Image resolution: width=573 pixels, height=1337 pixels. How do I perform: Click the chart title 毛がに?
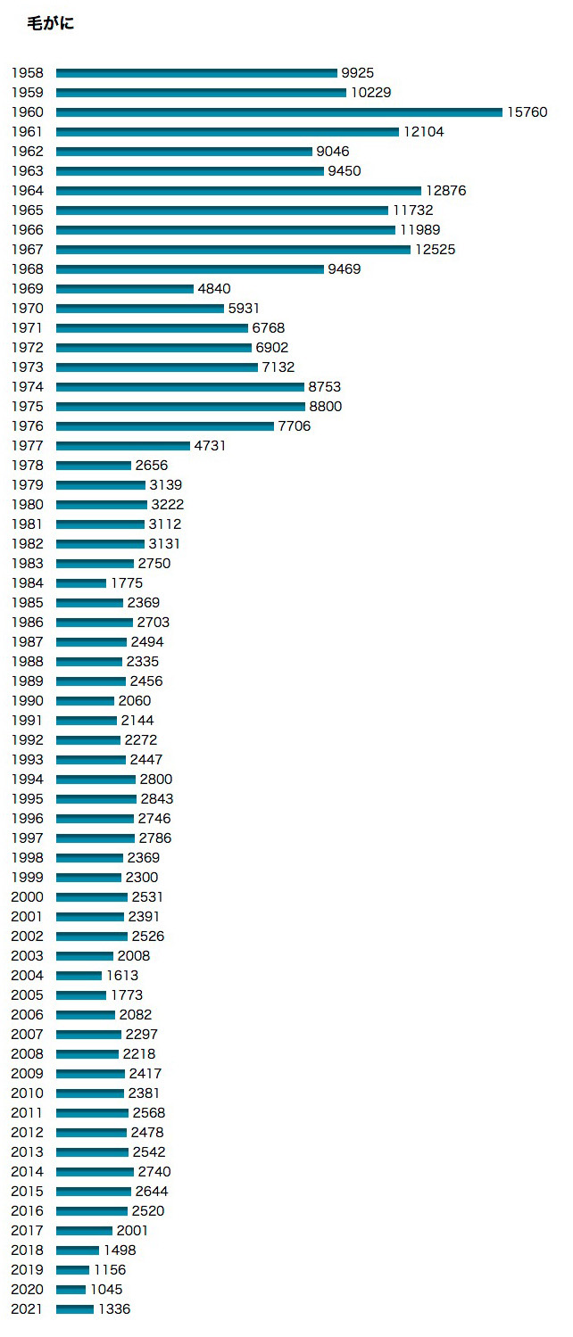click(51, 24)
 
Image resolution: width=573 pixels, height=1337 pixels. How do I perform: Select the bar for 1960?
click(278, 112)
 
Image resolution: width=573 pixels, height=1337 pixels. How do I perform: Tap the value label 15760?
click(527, 112)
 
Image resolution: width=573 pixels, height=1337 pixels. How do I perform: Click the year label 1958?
click(27, 73)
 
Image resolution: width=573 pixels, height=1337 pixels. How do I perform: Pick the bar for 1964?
click(238, 191)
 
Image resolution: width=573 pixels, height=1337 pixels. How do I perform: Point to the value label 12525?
click(435, 250)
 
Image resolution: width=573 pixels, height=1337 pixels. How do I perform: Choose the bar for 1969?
click(125, 289)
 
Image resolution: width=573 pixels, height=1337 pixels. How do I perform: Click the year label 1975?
click(27, 407)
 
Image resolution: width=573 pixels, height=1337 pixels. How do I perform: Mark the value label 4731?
click(210, 446)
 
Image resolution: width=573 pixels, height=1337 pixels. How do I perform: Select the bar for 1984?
click(81, 583)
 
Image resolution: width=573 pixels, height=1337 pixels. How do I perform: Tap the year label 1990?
click(27, 701)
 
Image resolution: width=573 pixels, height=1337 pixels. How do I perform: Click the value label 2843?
click(156, 799)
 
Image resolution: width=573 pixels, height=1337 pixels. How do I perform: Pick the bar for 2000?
click(92, 897)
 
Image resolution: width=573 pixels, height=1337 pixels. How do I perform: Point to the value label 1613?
click(122, 976)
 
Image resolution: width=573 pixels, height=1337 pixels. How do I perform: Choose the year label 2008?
click(27, 1054)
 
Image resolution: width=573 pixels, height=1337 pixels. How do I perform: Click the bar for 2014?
click(95, 1172)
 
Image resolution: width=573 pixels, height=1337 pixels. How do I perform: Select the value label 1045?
click(106, 1290)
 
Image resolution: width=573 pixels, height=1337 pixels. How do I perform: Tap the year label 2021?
click(27, 1309)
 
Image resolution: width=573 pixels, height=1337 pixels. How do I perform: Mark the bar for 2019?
click(73, 1270)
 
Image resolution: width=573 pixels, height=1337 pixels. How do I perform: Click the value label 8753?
click(325, 387)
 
